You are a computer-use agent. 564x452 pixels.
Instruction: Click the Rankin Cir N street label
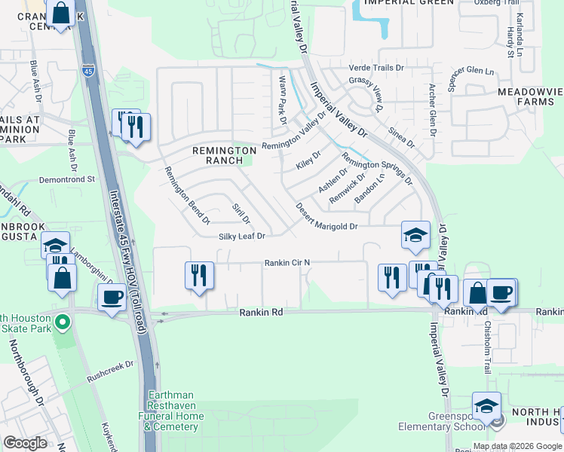[287, 263]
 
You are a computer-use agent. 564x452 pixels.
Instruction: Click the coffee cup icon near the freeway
[112, 297]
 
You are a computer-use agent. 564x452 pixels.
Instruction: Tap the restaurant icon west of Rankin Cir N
[199, 274]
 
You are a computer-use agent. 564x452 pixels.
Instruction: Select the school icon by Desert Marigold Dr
[415, 234]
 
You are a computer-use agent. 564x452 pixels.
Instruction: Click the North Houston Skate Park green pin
[63, 324]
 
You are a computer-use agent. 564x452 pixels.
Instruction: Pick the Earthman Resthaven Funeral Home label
[171, 411]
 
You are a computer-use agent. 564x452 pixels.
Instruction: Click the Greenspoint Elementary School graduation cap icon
[486, 406]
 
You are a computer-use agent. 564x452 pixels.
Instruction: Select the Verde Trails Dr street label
[377, 69]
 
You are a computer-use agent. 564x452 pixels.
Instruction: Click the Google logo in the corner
[25, 443]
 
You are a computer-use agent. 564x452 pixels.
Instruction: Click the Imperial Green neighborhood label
[409, 3]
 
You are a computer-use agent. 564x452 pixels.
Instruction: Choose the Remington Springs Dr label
[376, 169]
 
